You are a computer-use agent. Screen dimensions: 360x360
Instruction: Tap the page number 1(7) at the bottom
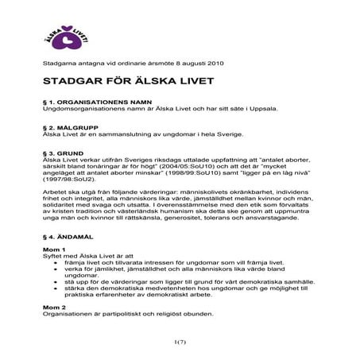tap(179, 343)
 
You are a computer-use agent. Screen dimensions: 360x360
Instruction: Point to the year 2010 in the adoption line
tap(207, 62)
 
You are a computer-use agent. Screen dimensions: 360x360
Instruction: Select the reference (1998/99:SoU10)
tap(192, 174)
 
